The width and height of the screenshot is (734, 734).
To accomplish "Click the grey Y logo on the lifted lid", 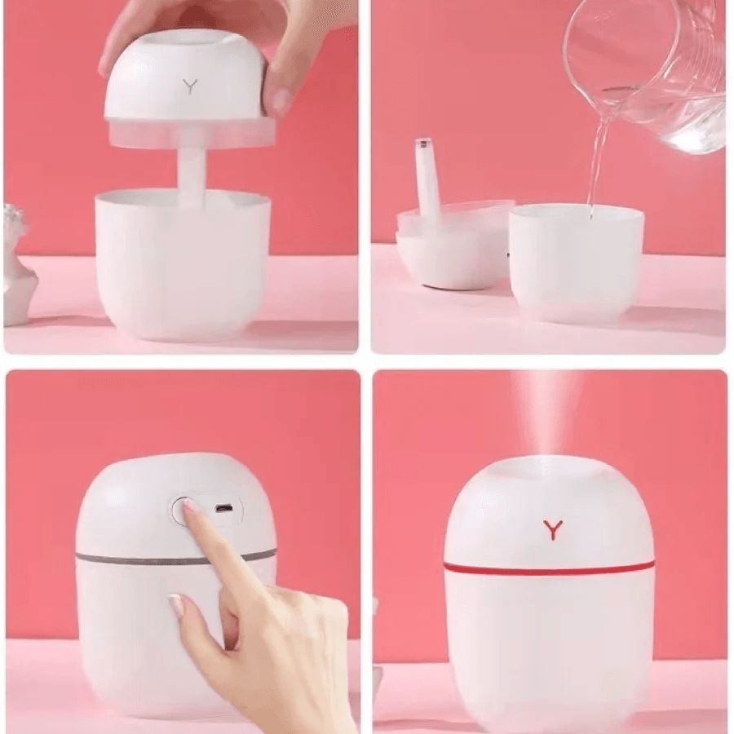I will [190, 86].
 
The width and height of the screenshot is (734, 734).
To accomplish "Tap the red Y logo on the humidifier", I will [553, 529].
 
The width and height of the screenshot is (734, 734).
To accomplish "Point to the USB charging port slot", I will [223, 508].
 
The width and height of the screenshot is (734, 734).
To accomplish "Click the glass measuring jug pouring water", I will [652, 73].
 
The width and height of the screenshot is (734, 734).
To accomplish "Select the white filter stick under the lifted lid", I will [190, 175].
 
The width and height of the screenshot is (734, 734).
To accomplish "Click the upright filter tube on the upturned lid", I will [427, 175].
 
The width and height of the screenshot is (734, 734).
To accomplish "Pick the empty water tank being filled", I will [576, 261].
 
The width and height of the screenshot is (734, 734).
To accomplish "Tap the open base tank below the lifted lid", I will [182, 261].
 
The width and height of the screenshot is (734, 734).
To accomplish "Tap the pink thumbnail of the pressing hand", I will [177, 607].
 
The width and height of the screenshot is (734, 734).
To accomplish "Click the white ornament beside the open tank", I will [18, 265].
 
